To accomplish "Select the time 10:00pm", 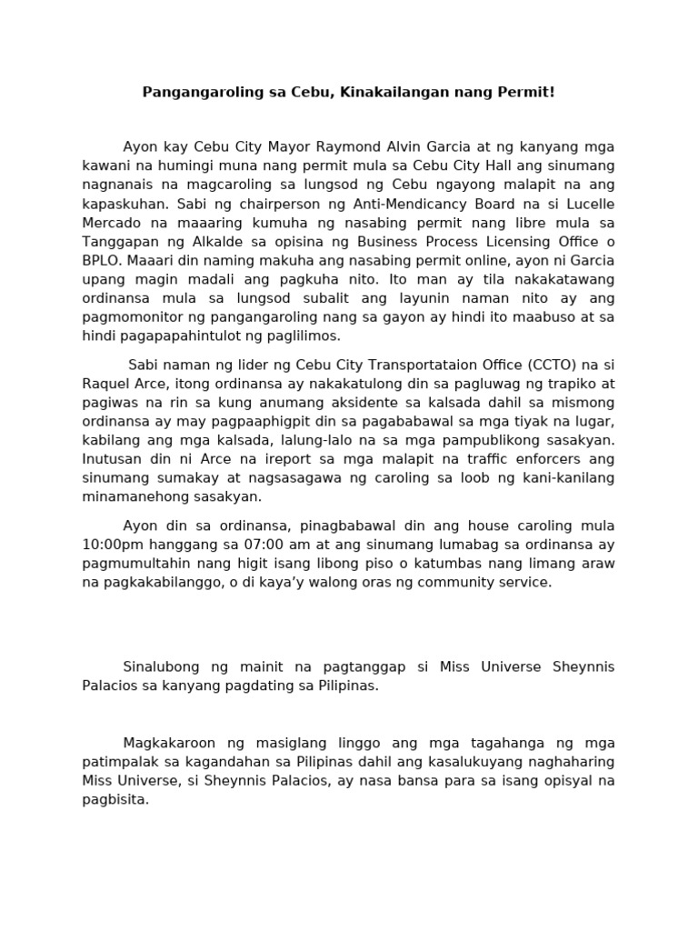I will click(115, 545).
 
